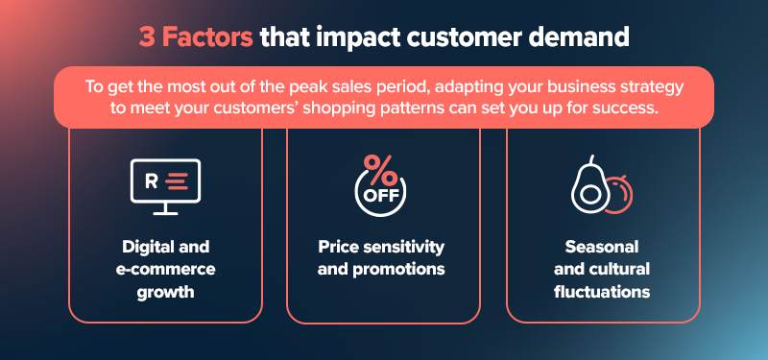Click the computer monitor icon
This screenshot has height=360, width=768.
pos(165,186)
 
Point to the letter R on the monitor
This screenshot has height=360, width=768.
pos(150,180)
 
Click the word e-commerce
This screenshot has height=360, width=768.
pos(165,269)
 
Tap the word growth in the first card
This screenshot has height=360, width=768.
pos(165,291)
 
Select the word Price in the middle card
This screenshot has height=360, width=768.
pos(339,247)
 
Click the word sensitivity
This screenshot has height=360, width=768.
pos(406,247)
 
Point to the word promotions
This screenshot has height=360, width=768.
pos(399,269)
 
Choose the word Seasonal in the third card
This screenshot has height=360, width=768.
pos(602,247)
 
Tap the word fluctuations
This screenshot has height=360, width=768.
pos(602,291)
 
